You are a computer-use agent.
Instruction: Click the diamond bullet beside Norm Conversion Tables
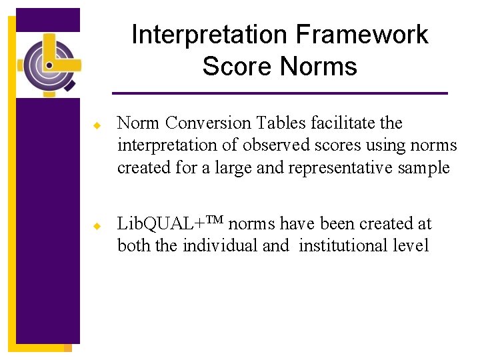[97, 125]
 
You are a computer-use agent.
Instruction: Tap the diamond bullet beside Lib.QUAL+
[97, 226]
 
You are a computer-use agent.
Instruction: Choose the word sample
[423, 167]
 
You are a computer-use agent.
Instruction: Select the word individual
[219, 246]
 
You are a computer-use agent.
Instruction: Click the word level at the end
[411, 246]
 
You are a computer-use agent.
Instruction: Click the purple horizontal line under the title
[279, 93]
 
